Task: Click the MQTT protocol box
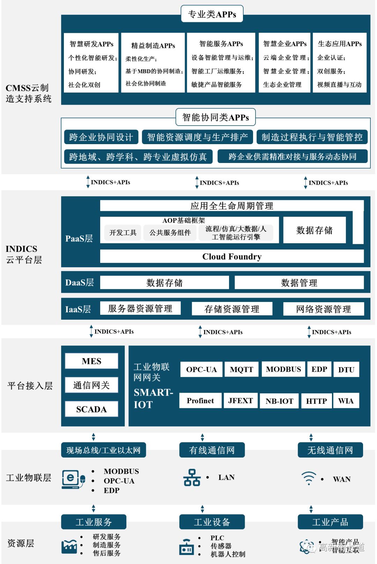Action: tap(241, 369)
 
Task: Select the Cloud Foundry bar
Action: tap(232, 257)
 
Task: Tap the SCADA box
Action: tap(91, 409)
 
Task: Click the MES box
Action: tap(91, 361)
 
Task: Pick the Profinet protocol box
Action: tap(200, 401)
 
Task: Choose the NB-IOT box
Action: tap(279, 401)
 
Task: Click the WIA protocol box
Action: tap(346, 401)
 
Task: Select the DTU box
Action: tap(346, 369)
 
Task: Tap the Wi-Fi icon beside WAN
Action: tap(309, 478)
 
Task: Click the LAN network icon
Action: tap(192, 477)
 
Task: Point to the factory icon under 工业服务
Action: tap(69, 546)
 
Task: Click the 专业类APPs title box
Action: tap(212, 14)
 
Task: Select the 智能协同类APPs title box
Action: tap(215, 117)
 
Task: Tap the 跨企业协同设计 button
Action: tap(101, 137)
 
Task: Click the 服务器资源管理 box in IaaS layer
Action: tap(140, 309)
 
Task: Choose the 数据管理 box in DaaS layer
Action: tap(299, 283)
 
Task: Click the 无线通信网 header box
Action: tap(330, 450)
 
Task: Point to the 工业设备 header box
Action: tap(212, 522)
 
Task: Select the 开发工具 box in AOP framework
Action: tap(123, 233)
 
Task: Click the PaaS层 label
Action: tap(79, 238)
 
